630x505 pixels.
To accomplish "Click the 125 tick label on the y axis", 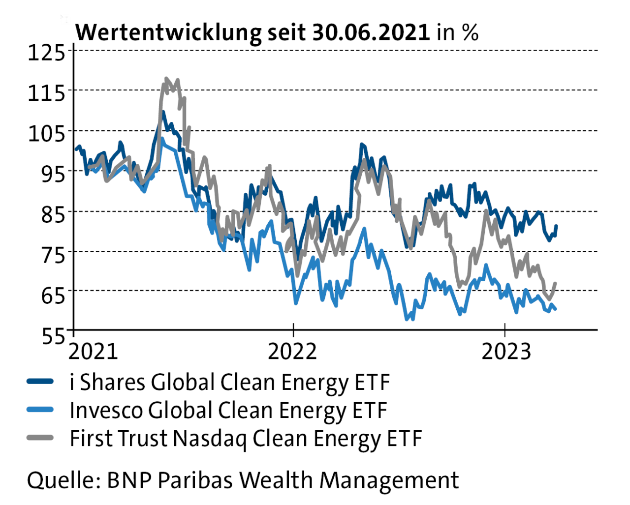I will click(46, 52).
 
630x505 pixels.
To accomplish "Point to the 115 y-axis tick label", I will click(46, 92).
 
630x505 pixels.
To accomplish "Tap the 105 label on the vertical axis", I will click(46, 133).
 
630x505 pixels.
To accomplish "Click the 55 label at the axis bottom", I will click(53, 336).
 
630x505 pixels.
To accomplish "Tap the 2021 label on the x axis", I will click(93, 351).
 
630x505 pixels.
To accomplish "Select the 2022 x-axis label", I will click(292, 351).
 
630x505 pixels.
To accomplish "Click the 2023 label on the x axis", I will click(506, 351).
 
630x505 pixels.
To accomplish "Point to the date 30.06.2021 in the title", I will click(371, 32).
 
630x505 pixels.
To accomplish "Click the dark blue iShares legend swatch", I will click(40, 382).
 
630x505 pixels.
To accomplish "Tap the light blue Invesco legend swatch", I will click(40, 410).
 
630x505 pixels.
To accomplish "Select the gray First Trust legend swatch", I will click(40, 438).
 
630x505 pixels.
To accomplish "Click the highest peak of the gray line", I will click(166, 78).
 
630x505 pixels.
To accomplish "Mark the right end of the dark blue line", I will click(556, 226).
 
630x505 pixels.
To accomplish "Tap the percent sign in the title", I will click(470, 32).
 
